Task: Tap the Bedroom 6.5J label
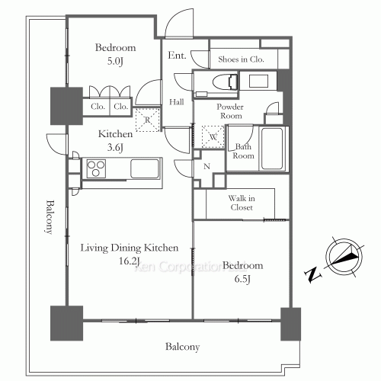[243, 272]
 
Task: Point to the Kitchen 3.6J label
[115, 139]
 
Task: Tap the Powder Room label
[229, 111]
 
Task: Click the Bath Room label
[243, 150]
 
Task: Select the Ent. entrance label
[178, 56]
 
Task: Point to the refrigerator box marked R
[147, 120]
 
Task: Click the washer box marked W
[213, 138]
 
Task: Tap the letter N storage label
[206, 166]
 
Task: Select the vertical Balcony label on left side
[50, 217]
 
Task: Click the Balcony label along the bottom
[182, 347]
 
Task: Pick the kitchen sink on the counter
[142, 168]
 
